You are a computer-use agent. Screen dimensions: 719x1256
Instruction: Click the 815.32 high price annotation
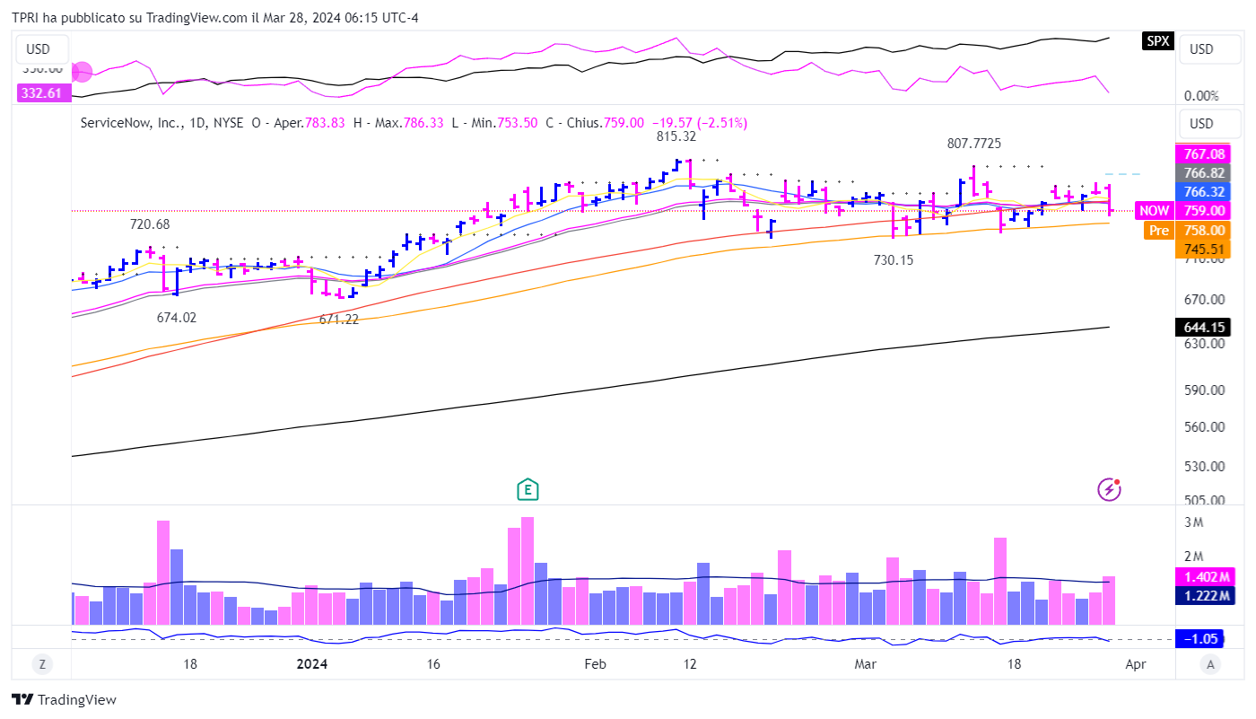point(676,136)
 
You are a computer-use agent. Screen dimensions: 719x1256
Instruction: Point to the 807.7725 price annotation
point(974,144)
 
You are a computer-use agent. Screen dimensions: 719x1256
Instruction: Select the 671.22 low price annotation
point(339,319)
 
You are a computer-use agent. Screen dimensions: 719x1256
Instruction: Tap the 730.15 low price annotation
point(894,259)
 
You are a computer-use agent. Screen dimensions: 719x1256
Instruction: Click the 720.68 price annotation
point(150,224)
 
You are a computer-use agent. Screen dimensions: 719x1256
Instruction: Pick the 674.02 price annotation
point(176,317)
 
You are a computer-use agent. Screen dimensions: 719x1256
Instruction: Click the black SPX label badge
point(1157,40)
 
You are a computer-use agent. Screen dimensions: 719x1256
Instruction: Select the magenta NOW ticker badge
point(1155,210)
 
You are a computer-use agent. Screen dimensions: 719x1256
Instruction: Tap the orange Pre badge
point(1159,230)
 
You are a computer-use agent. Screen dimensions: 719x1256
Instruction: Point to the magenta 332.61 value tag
point(40,92)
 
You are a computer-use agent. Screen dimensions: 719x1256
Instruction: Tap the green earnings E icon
point(528,489)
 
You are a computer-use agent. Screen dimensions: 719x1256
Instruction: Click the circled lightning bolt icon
point(1110,489)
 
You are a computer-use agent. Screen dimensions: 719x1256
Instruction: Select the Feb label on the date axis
point(596,664)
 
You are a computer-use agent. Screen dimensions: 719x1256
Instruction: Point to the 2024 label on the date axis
point(311,664)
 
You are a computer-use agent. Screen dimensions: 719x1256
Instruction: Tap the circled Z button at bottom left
point(41,664)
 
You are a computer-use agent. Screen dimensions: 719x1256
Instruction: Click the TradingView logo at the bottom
point(65,700)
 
